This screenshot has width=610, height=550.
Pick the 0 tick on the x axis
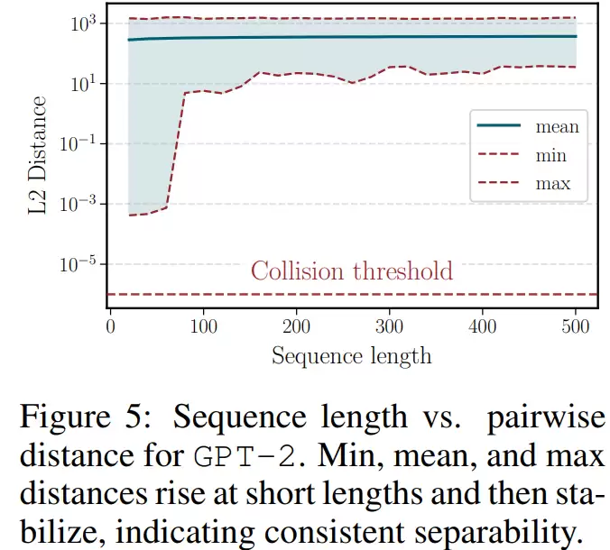pyautogui.click(x=110, y=325)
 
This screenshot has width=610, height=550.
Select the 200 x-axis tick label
pyautogui.click(x=297, y=325)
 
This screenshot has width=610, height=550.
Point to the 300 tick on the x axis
pyautogui.click(x=390, y=325)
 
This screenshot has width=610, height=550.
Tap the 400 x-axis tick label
pyautogui.click(x=483, y=325)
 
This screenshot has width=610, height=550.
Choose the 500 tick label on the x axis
pyautogui.click(x=576, y=325)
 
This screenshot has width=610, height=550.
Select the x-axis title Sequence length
pyautogui.click(x=351, y=355)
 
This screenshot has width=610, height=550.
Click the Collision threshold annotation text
pyautogui.click(x=351, y=270)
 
